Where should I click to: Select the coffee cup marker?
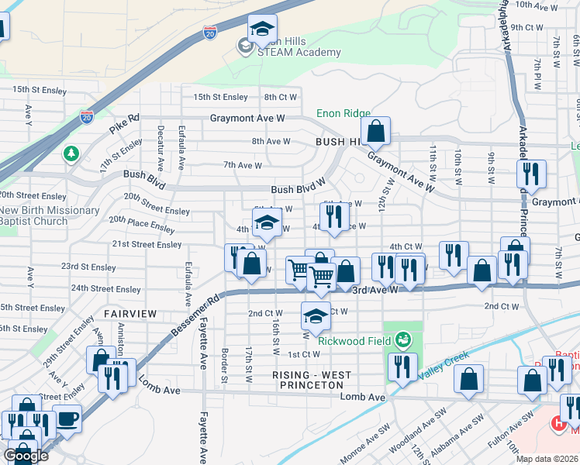67,419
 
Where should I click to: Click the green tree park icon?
71,153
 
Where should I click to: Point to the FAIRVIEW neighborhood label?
130,314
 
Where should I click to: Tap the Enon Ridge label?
343,114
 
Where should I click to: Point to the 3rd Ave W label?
375,289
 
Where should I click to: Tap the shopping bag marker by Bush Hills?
376,133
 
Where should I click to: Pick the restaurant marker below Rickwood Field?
402,367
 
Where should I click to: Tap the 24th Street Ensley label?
106,289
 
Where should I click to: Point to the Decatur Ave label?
161,148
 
